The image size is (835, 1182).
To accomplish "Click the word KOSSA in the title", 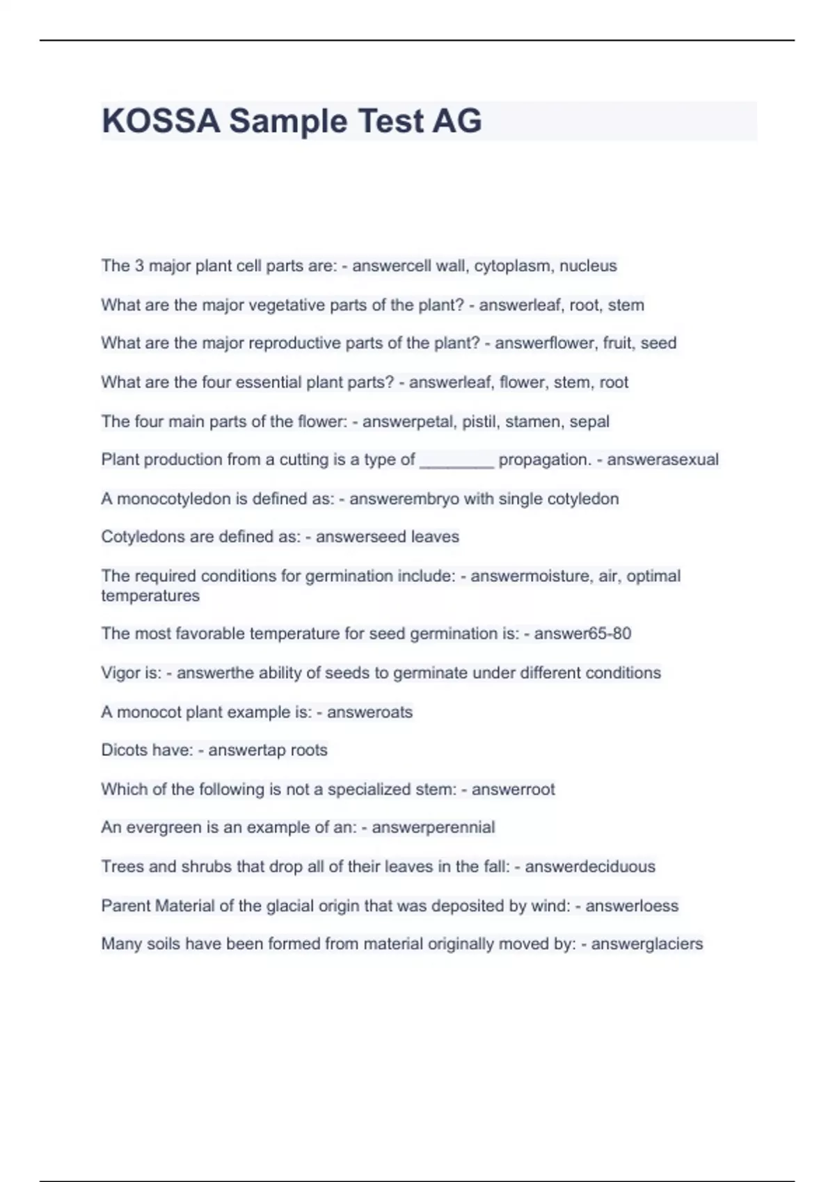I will (x=161, y=121).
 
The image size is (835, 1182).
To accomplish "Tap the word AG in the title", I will (x=456, y=121).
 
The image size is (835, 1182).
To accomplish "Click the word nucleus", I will (x=588, y=266).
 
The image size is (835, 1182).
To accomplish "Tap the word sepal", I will (x=589, y=421).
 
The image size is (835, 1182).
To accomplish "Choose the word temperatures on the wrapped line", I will (x=150, y=596).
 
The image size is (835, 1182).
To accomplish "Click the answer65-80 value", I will (x=582, y=633).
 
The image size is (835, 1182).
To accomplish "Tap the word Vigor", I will (x=120, y=673).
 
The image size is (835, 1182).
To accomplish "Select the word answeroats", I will (x=369, y=712).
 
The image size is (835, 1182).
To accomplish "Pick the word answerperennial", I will (x=433, y=827).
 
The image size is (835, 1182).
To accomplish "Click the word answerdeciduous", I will (x=589, y=866).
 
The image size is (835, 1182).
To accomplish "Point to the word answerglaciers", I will (x=646, y=944).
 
